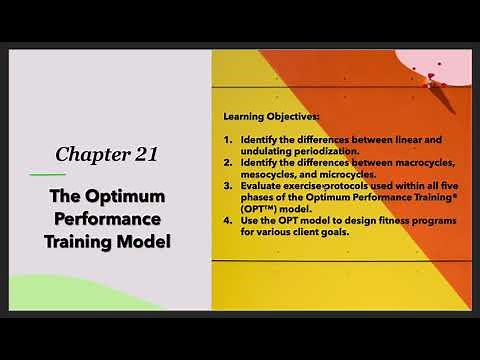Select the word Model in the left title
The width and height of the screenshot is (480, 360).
pos(148,241)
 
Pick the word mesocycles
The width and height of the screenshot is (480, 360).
pos(268,174)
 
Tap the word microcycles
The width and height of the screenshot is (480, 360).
pos(347,174)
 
